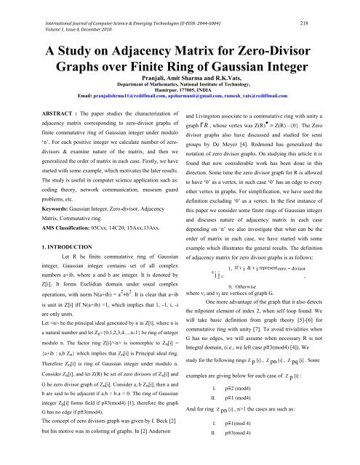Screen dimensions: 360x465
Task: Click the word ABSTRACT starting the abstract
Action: pyautogui.click(x=38, y=114)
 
